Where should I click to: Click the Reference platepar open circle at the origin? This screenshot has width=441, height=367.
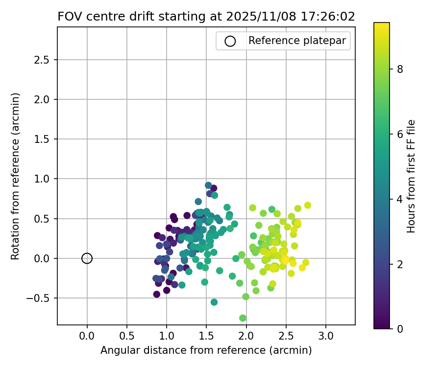pos(87,258)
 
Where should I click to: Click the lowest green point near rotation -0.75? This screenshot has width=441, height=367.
pos(243,318)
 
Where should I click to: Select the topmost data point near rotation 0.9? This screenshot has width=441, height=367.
pos(208,185)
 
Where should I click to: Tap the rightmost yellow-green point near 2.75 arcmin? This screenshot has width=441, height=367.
pos(307,206)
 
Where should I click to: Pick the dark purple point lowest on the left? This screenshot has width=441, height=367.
pos(157,294)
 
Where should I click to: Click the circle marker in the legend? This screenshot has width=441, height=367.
pos(230,41)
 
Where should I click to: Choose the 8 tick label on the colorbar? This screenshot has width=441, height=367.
pos(400,69)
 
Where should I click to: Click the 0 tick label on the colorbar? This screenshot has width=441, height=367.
pos(400,329)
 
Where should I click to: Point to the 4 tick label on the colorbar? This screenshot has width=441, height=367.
pos(400,199)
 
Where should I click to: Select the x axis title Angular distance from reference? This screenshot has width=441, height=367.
pos(206,350)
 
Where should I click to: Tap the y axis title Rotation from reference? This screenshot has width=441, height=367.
pos(15,176)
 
